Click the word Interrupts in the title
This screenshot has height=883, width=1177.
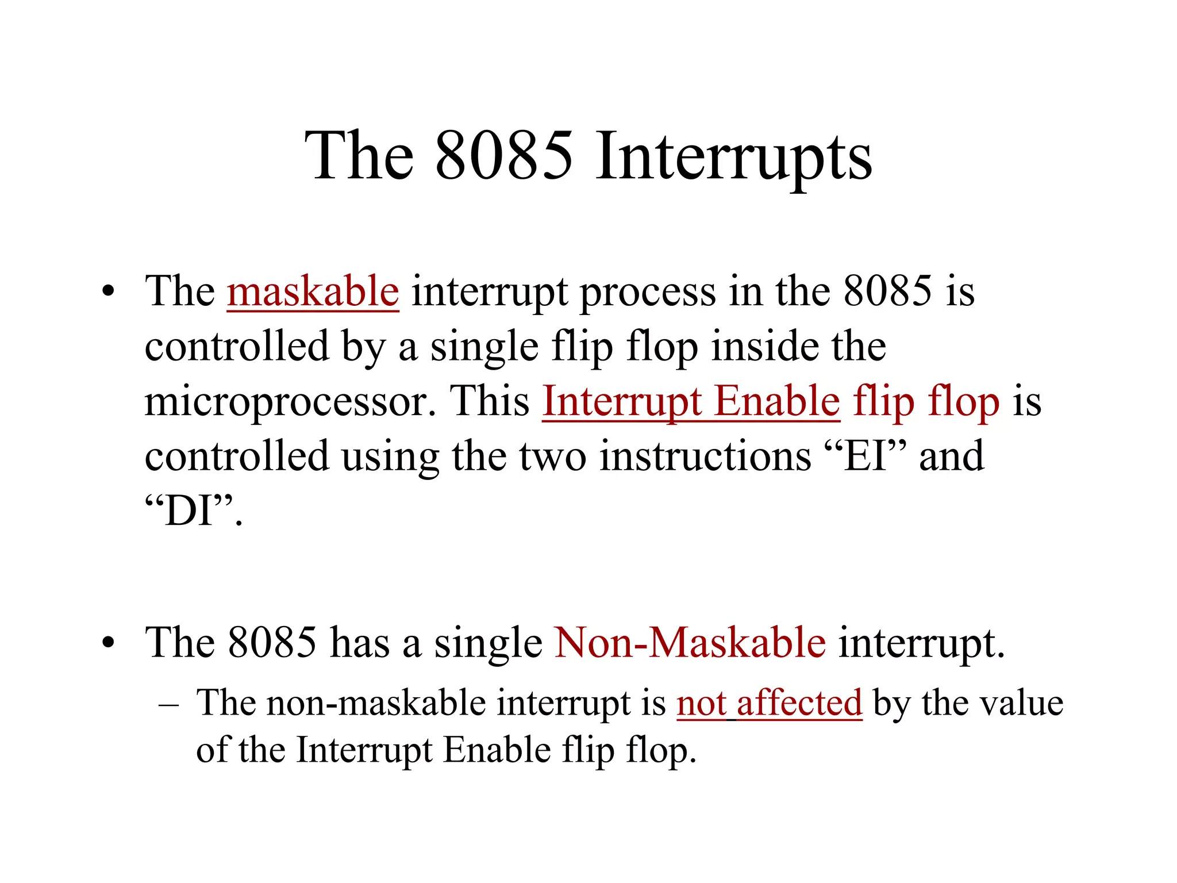[733, 156]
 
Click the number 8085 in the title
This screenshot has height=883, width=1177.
[504, 156]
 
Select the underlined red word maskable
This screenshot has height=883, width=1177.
[313, 291]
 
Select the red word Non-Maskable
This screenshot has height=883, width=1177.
[690, 643]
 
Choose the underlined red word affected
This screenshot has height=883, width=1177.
[799, 703]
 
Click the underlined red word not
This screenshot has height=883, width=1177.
[701, 703]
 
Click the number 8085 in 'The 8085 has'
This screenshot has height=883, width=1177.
[272, 643]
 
